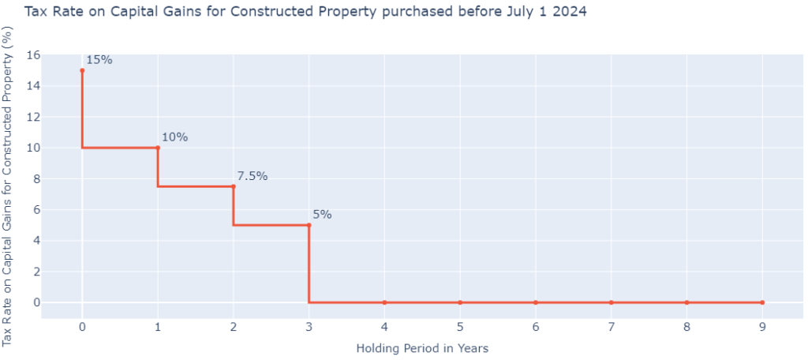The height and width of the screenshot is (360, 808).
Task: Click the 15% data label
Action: coord(99,60)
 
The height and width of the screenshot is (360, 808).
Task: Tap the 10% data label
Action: coord(174,137)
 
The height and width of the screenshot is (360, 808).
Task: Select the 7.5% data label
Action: coord(252,176)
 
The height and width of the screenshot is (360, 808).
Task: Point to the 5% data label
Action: coord(322,215)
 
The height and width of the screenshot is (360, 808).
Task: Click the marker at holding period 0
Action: coord(82,70)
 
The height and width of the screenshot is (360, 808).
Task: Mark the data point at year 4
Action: coord(384,302)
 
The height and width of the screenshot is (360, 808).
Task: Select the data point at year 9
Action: coord(762,302)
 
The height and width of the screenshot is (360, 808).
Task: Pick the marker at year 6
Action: coord(536,302)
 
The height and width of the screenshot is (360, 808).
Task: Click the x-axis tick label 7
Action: coord(611,326)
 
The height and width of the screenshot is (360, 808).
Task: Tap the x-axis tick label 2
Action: coord(233,326)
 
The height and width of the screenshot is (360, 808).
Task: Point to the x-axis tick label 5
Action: coord(460,326)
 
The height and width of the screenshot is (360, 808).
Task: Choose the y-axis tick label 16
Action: coord(32,55)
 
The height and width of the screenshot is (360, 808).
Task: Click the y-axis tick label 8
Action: coord(36,178)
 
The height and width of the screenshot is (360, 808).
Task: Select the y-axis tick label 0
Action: coord(36,302)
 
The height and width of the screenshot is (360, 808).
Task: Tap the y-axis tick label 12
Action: coord(32,117)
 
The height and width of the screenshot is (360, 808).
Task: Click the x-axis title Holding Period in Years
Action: coord(421,348)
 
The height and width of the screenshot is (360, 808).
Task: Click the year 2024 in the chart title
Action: coord(570,13)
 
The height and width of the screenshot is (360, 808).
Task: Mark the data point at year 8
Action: coord(686,302)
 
